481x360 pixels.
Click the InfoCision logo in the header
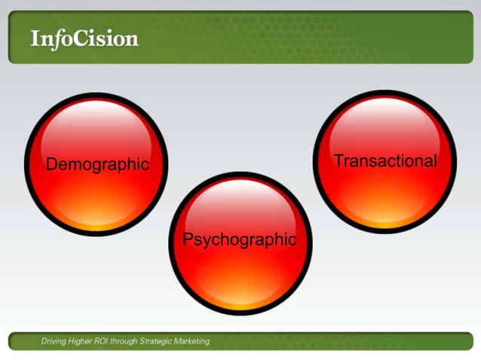click(x=84, y=38)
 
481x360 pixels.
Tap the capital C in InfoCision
click(x=82, y=38)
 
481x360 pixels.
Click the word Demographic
click(x=97, y=164)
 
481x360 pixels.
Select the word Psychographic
click(x=240, y=239)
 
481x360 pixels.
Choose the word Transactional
click(x=385, y=160)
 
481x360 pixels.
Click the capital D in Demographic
click(x=52, y=163)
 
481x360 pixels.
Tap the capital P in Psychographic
click(x=189, y=239)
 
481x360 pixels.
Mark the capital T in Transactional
click(x=339, y=160)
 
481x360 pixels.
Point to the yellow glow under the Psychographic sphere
click(x=240, y=304)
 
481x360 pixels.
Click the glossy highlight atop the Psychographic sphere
click(x=240, y=197)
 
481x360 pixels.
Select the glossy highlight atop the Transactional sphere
click(x=385, y=118)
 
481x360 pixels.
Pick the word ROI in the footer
click(x=108, y=341)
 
